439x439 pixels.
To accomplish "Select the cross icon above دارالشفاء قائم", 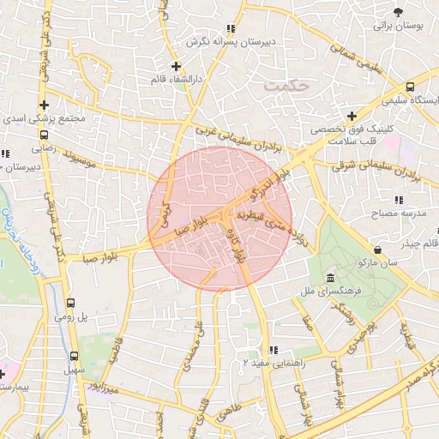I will tap(176, 66).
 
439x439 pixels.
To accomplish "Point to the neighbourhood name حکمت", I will tap(286, 85).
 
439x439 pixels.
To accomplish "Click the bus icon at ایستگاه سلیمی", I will tap(410, 87).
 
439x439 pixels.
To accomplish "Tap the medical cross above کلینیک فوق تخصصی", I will tap(352, 116).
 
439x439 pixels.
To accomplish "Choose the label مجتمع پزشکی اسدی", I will tap(45, 119).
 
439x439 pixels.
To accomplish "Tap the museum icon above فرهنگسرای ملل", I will tap(331, 278).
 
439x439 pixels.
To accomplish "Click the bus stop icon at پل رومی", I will tap(70, 303).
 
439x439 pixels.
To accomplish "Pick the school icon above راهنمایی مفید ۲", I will tap(274, 350).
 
